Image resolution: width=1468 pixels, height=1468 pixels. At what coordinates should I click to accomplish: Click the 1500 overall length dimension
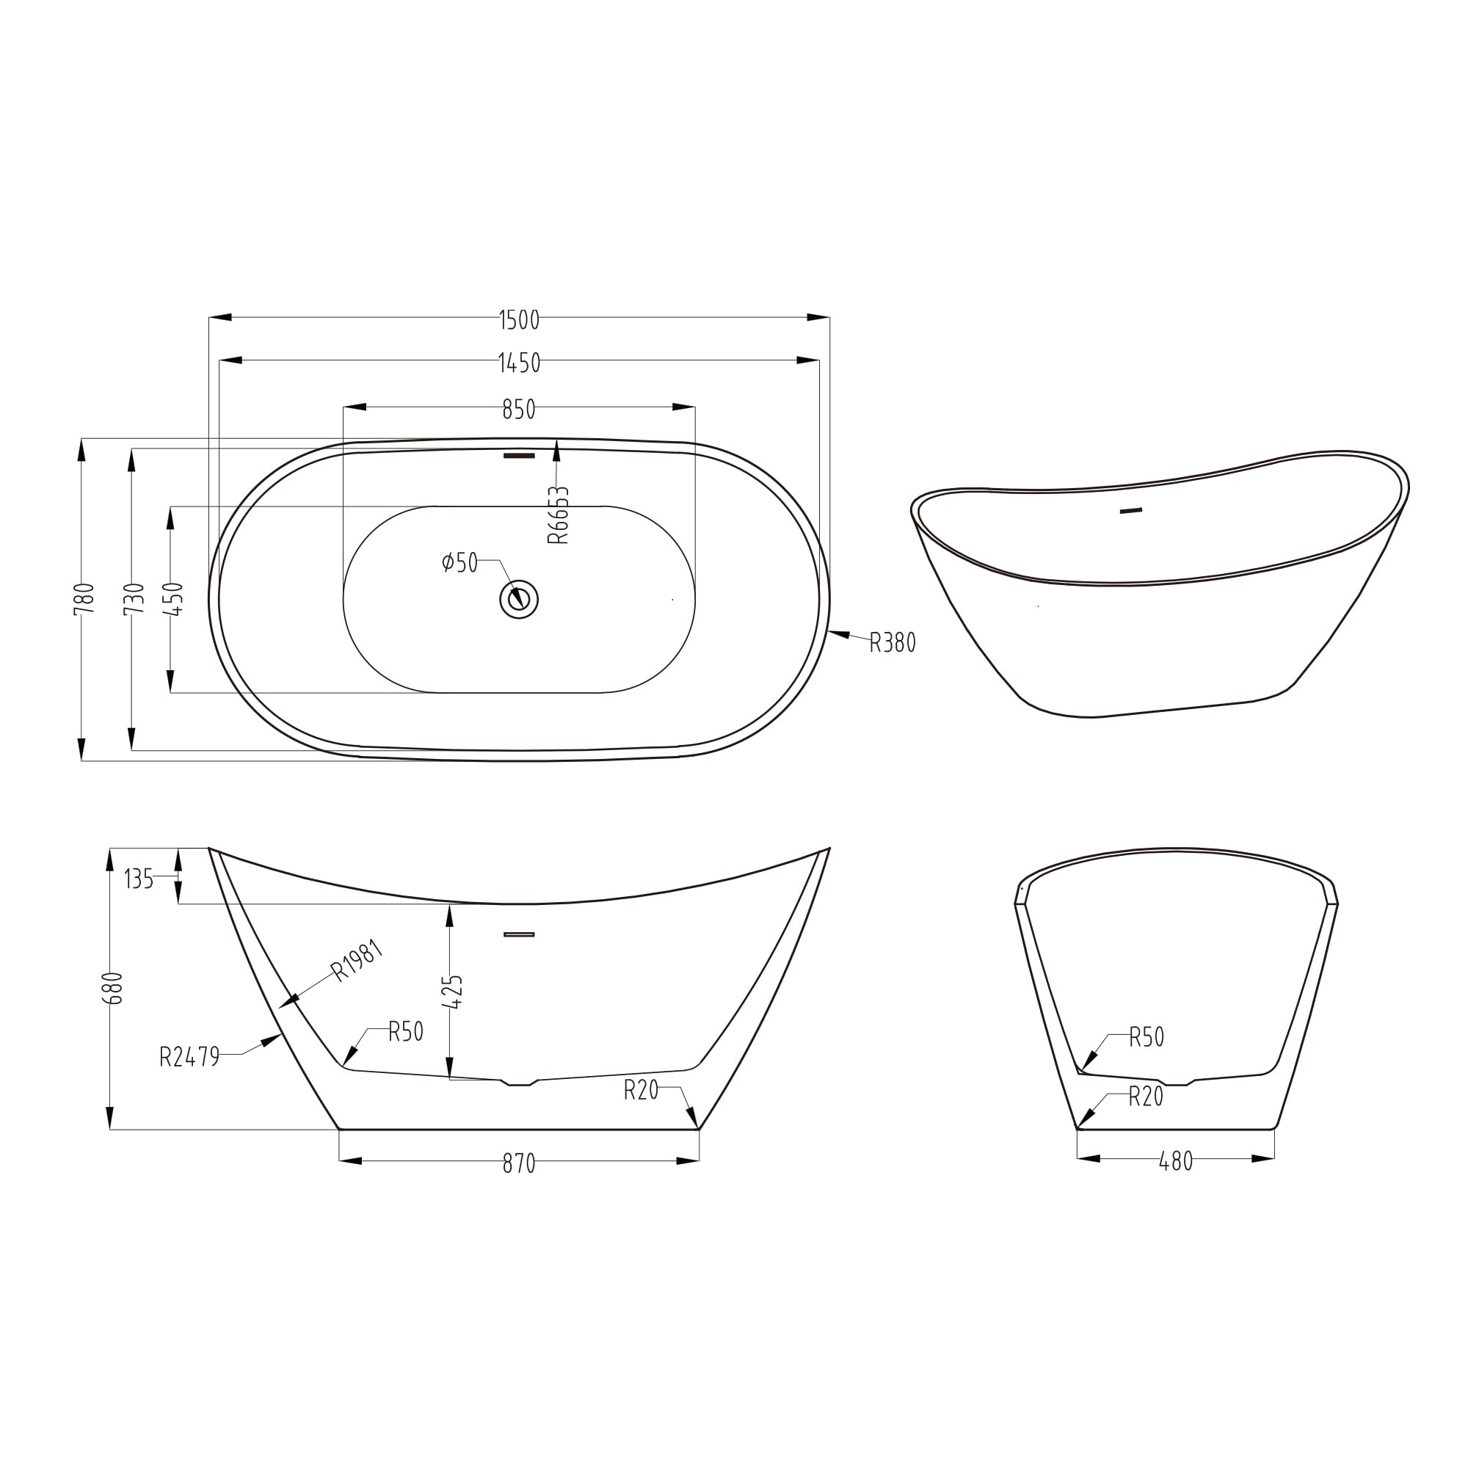[519, 320]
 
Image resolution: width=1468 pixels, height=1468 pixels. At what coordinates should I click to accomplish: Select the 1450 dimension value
[519, 363]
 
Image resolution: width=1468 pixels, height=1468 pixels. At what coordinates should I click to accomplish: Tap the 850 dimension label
[519, 410]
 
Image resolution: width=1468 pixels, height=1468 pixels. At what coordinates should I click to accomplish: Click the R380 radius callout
[892, 643]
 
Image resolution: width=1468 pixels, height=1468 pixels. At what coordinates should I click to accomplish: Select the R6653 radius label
[558, 515]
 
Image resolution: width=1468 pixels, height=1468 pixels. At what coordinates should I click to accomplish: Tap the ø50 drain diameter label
[459, 562]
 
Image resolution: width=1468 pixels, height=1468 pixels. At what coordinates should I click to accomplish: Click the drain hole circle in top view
[519, 599]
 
